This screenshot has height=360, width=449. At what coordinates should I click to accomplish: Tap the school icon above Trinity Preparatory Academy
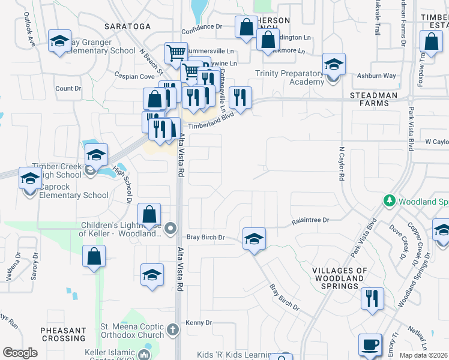pyautogui.click(x=334, y=64)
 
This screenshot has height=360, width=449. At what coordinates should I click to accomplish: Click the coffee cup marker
pyautogui.click(x=370, y=345)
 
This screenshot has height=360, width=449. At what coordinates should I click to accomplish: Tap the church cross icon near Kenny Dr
pyautogui.click(x=173, y=329)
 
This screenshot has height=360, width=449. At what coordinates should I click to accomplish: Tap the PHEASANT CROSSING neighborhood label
pyautogui.click(x=64, y=335)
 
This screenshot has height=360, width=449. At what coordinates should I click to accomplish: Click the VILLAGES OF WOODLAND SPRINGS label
pyautogui.click(x=340, y=278)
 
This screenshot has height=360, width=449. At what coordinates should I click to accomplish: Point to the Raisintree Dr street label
pyautogui.click(x=311, y=221)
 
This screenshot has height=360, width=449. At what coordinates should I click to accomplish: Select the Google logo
pyautogui.click(x=20, y=353)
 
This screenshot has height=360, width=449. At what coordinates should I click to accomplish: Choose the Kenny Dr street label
pyautogui.click(x=199, y=323)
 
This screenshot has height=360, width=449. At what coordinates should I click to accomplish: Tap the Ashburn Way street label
pyautogui.click(x=376, y=76)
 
